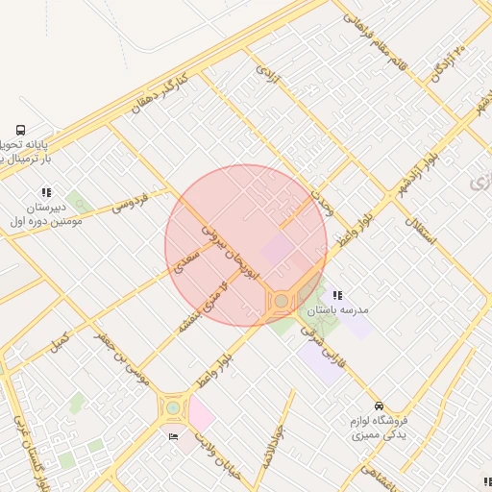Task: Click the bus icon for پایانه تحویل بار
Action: pyautogui.click(x=21, y=131)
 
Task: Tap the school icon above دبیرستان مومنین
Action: pyautogui.click(x=45, y=192)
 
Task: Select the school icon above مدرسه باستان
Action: pyautogui.click(x=337, y=296)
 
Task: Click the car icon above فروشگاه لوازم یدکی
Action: pyautogui.click(x=380, y=406)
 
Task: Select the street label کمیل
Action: pyautogui.click(x=60, y=339)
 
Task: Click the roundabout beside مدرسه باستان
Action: pyautogui.click(x=281, y=302)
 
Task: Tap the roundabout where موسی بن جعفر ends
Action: pyautogui.click(x=173, y=407)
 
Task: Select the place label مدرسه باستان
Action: pyautogui.click(x=337, y=311)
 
